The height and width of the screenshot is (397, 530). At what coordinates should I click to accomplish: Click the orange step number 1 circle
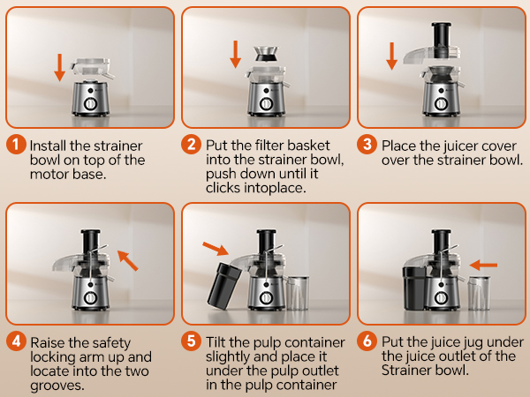16,145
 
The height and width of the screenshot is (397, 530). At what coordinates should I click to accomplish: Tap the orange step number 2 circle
192,145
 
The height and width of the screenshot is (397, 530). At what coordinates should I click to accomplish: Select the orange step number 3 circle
367,145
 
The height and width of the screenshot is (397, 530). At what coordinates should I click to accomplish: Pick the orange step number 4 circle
16,341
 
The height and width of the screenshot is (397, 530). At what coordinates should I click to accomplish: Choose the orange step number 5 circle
192,341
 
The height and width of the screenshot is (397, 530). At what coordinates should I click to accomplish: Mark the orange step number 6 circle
367,341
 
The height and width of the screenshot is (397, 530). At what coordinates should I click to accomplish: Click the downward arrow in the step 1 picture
60,68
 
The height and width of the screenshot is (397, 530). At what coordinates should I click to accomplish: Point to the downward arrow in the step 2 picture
236,54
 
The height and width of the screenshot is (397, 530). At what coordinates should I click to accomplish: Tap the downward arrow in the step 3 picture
391,56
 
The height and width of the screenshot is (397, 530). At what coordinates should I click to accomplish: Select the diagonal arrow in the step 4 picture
128,260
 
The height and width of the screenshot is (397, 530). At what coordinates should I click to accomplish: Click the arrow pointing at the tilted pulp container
216,249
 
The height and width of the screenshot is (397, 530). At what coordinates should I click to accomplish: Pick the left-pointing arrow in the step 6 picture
483,265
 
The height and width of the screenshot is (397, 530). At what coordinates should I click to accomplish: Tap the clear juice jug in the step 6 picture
479,293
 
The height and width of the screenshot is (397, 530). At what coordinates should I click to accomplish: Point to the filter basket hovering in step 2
267,54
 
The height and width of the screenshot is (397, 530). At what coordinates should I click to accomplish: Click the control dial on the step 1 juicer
91,103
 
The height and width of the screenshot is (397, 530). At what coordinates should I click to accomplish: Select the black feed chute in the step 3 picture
441,40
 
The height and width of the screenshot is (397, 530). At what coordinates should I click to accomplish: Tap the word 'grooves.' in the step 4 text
57,386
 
